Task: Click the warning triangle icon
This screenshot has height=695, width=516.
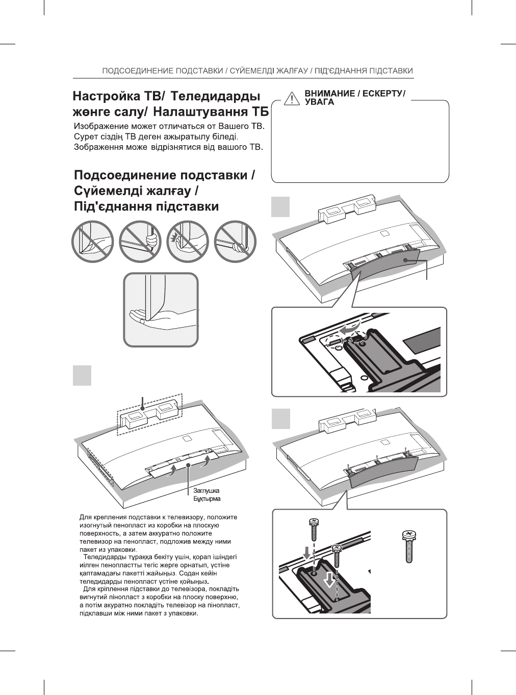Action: coord(291,98)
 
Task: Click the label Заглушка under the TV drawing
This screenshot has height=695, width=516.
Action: coord(207,490)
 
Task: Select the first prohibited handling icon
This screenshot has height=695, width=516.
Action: coord(92,242)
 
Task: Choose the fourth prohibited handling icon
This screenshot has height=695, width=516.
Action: coord(235,242)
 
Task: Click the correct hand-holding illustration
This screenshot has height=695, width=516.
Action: coord(161,310)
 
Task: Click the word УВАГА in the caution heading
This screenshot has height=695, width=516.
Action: coord(319,102)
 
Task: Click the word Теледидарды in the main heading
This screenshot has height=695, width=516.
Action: coord(214,96)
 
